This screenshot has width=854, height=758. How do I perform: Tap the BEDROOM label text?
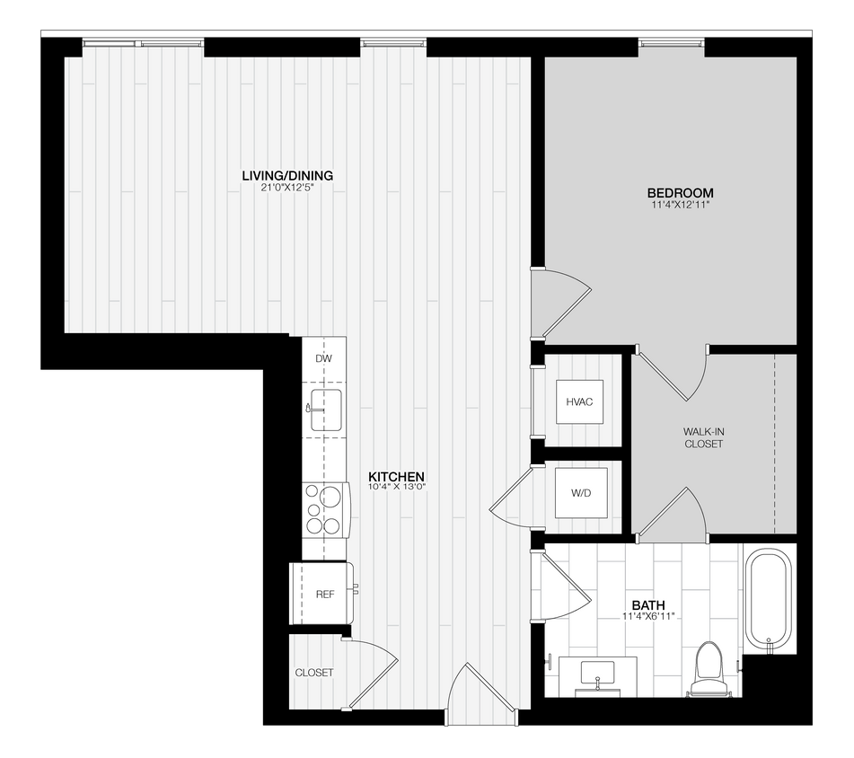pos(680,193)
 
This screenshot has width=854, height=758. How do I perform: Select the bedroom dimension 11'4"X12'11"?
pos(680,206)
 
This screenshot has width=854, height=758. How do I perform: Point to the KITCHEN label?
pos(396,476)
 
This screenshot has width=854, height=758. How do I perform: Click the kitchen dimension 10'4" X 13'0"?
pos(396,488)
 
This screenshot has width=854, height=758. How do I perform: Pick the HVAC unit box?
pos(579,401)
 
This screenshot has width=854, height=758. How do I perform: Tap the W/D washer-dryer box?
pos(579,494)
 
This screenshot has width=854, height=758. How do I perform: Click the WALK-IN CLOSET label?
pos(703,437)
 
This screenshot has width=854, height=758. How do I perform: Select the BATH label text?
pos(641,605)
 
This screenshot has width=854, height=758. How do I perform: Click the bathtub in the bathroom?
pos(769,599)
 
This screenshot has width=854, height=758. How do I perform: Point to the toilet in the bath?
pos(709,668)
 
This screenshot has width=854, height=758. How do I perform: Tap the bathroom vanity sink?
pos(597,672)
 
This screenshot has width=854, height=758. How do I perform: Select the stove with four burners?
pos(325,509)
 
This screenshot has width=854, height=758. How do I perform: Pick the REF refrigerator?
pos(323,594)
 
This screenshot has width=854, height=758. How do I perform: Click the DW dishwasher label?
pos(324,359)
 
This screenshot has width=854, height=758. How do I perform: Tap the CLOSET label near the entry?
pos(314,673)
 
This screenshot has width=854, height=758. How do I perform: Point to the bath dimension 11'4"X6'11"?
pos(647,617)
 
